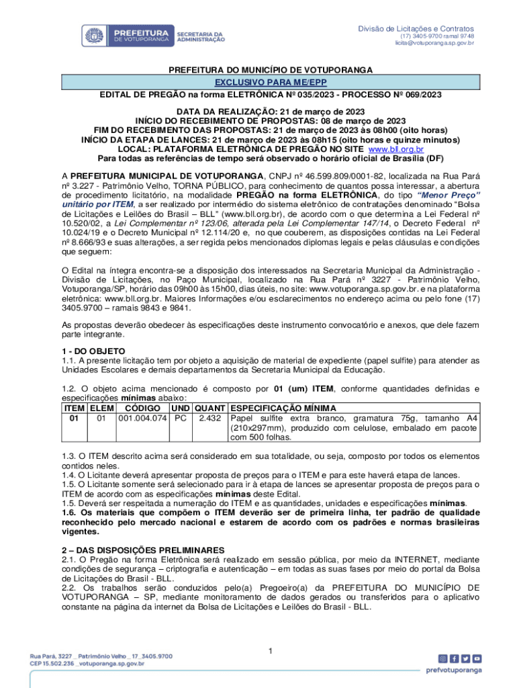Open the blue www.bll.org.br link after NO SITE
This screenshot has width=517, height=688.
pyautogui.click(x=399, y=149)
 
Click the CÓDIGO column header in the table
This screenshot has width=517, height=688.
pyautogui.click(x=142, y=408)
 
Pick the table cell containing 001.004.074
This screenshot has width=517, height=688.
pyautogui.click(x=142, y=418)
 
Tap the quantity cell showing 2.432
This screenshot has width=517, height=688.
pyautogui.click(x=211, y=418)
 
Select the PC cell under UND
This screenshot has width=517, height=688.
pyautogui.click(x=180, y=418)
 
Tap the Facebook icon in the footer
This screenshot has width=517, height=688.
pyautogui.click(x=455, y=659)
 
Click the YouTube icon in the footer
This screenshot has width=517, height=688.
pyautogui.click(x=477, y=659)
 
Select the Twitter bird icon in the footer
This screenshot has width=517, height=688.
pyautogui.click(x=465, y=659)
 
